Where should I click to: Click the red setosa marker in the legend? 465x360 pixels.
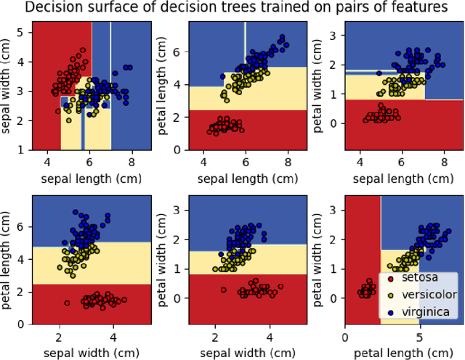(x=389, y=279)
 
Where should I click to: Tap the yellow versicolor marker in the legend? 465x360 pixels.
(x=389, y=295)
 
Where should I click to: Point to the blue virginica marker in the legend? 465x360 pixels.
(x=389, y=312)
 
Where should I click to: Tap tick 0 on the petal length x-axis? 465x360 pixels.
(x=346, y=337)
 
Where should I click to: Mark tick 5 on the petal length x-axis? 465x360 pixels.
(x=419, y=337)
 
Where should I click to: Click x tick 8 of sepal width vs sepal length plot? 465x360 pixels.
(x=132, y=161)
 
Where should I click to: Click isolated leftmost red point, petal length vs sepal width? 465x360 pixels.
(x=67, y=303)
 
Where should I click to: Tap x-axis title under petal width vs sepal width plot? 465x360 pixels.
(x=243, y=353)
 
